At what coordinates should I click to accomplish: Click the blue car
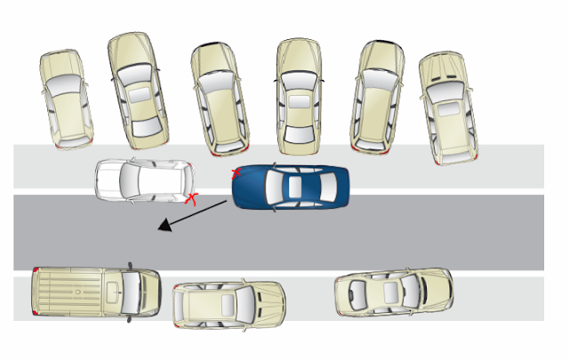[291, 187]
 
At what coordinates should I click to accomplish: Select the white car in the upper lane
[145, 180]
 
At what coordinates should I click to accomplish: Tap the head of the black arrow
[162, 228]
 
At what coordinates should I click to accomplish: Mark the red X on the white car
[190, 197]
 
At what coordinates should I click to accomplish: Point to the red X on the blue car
[236, 172]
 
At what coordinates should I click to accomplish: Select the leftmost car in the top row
[66, 98]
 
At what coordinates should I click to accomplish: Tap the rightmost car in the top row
[450, 107]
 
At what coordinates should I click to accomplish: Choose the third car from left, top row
[219, 98]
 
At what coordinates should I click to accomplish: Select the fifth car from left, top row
[379, 93]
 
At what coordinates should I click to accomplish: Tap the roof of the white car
[147, 180]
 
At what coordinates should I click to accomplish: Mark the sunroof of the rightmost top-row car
[449, 109]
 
